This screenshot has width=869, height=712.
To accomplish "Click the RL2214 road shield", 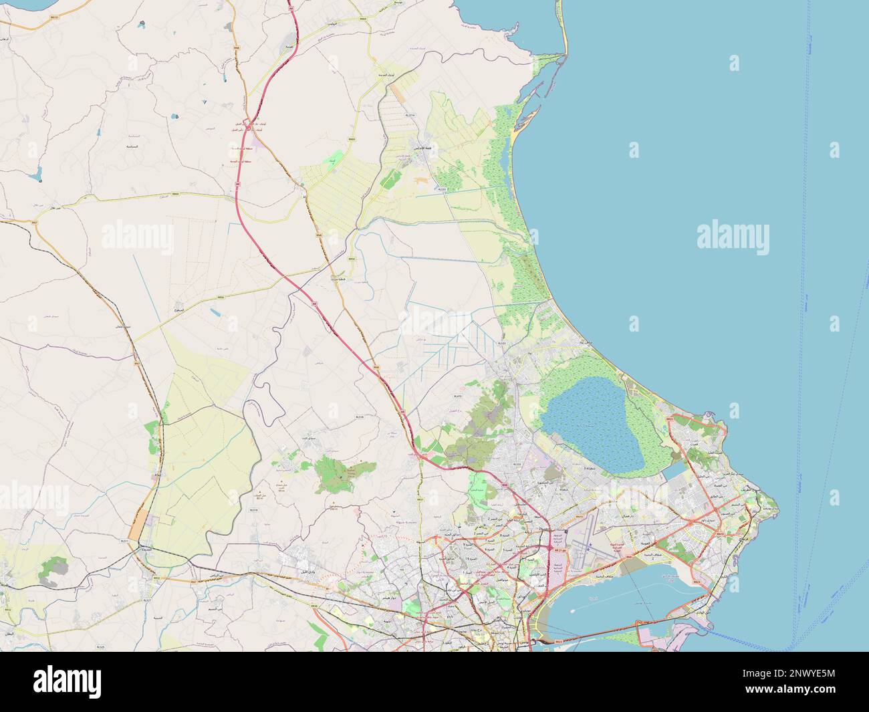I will tap(410, 115).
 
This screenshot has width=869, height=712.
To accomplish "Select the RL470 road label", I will tap(458, 396).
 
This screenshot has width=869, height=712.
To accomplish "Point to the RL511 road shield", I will tap(124, 540).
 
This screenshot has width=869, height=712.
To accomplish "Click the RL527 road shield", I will tap(147, 601).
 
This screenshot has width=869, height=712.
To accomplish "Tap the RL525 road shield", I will tap(100, 628).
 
